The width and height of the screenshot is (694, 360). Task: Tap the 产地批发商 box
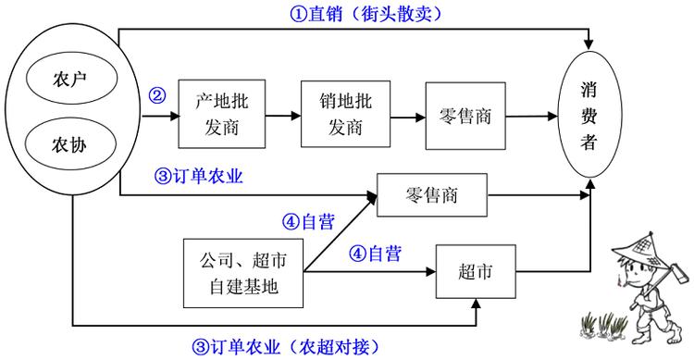[x=222, y=114]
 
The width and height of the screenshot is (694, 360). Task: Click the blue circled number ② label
[x=157, y=94]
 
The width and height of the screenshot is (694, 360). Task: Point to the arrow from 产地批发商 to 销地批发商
[x=283, y=116]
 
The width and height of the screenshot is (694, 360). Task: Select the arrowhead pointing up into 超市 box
[x=477, y=304]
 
